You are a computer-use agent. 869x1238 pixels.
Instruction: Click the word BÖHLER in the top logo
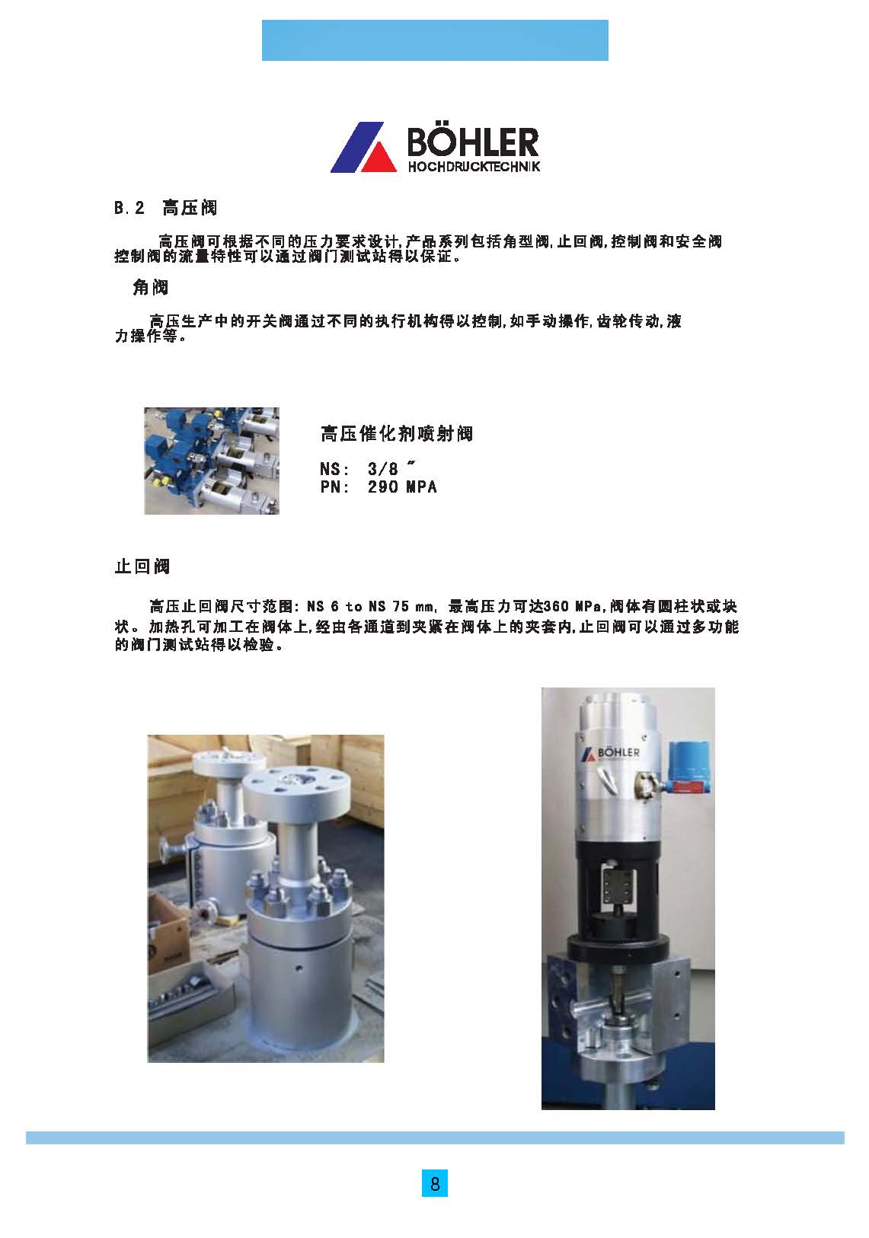tap(473, 142)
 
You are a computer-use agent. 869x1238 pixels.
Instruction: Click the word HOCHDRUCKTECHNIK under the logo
tap(474, 166)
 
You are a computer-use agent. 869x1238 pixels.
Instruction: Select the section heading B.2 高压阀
tap(166, 208)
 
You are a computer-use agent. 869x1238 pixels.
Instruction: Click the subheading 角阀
tap(150, 287)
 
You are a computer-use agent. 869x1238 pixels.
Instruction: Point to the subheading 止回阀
tap(142, 566)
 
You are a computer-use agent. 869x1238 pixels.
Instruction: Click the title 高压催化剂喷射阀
tap(396, 434)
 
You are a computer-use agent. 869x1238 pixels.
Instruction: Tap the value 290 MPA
tap(402, 487)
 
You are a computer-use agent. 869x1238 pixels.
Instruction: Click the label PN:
tap(334, 487)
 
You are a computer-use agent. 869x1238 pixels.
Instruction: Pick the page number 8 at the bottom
tap(434, 1184)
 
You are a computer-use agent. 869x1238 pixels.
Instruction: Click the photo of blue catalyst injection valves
tap(212, 461)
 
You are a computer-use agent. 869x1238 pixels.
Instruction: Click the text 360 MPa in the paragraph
tap(572, 607)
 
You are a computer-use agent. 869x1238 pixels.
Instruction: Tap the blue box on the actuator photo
tap(689, 767)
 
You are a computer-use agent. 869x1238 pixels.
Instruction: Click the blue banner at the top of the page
tap(434, 40)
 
